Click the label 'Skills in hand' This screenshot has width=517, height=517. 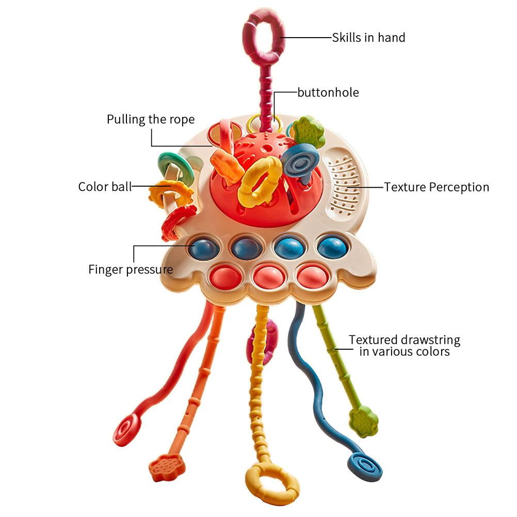point(368,38)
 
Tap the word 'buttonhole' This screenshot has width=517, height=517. point(328,93)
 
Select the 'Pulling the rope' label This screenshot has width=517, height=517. point(151,120)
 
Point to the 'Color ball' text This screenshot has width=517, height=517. point(105,187)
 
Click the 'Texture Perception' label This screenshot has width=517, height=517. point(437,187)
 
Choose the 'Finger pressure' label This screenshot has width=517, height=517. point(131,269)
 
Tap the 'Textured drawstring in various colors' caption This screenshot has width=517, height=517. point(405,346)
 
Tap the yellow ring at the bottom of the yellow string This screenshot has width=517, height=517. point(272,483)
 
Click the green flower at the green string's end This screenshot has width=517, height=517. point(363,421)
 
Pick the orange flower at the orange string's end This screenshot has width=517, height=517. point(167,467)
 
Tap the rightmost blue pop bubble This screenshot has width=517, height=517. point(332,248)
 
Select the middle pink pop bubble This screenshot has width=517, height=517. point(269,277)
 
